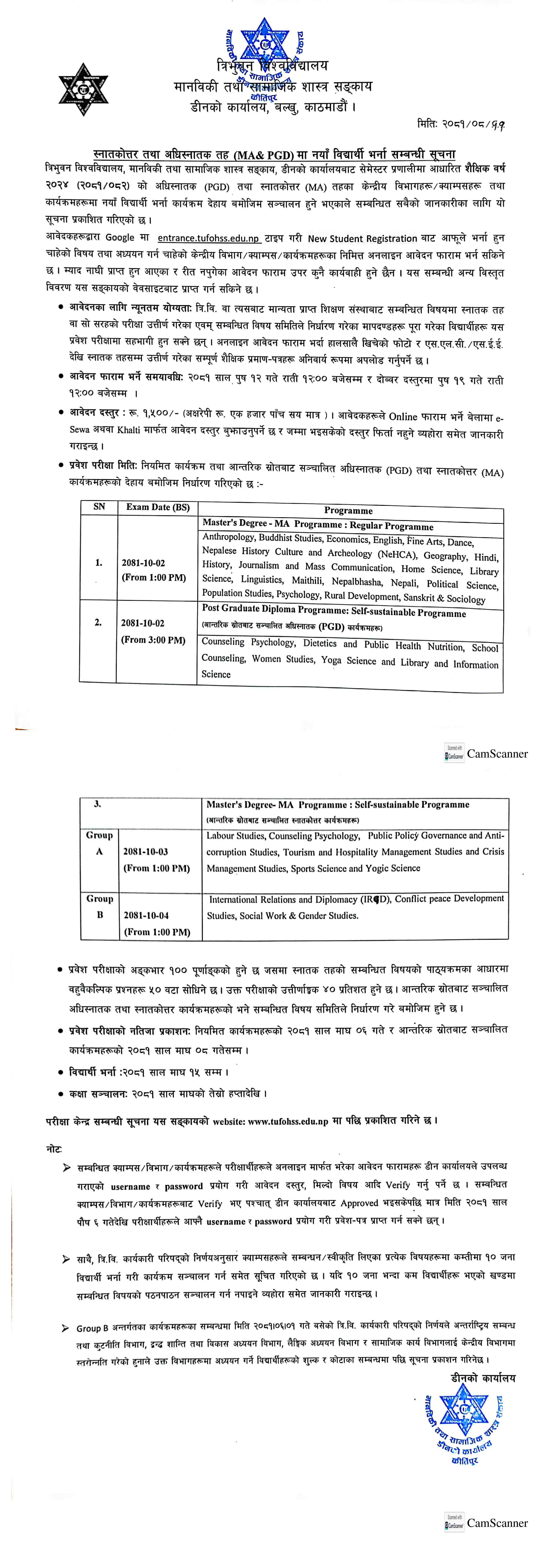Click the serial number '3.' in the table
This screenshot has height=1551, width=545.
(x=98, y=804)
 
